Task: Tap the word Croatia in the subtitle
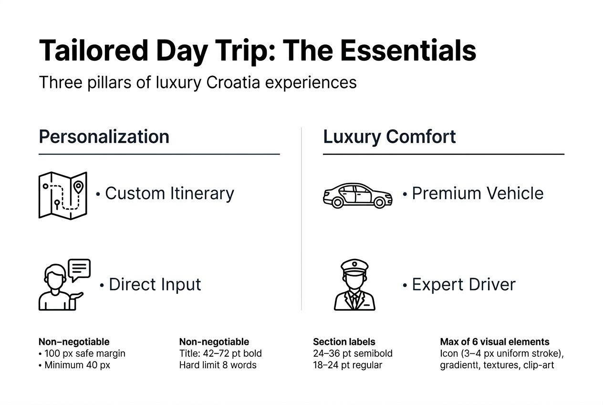click(x=234, y=83)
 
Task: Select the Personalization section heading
click(x=104, y=137)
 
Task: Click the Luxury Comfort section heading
click(x=389, y=137)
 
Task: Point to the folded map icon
click(x=62, y=194)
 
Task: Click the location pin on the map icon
click(x=78, y=186)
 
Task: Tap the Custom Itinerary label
click(x=169, y=193)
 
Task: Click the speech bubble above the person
click(x=79, y=269)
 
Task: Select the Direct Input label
click(x=155, y=284)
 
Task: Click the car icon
click(x=357, y=195)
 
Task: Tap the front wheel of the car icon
click(x=380, y=202)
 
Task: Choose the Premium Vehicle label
click(x=478, y=193)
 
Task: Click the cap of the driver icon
click(x=354, y=266)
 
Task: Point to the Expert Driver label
click(x=464, y=284)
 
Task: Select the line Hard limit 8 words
click(x=218, y=365)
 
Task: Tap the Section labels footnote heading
click(x=344, y=342)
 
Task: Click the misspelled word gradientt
click(x=461, y=365)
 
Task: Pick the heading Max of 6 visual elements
click(x=494, y=342)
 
